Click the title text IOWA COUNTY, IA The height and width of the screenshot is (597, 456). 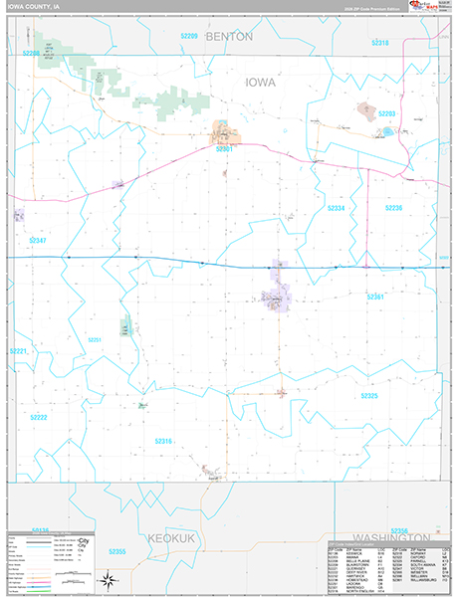pyautogui.click(x=34, y=6)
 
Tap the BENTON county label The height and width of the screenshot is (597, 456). pyautogui.click(x=229, y=36)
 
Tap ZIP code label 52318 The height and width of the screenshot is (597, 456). pyautogui.click(x=380, y=43)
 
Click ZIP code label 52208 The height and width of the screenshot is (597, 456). pyautogui.click(x=32, y=52)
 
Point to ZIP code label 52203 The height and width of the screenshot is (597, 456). pyautogui.click(x=387, y=114)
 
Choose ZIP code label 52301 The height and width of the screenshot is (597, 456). pyautogui.click(x=224, y=148)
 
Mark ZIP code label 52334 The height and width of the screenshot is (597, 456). pyautogui.click(x=337, y=208)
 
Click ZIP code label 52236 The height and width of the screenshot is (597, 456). pyautogui.click(x=393, y=208)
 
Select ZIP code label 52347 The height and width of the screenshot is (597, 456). pyautogui.click(x=38, y=241)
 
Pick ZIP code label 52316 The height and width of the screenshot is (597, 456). pyautogui.click(x=162, y=441)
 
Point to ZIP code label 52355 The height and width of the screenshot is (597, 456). pyautogui.click(x=117, y=579)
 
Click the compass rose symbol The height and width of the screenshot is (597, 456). pyautogui.click(x=113, y=580)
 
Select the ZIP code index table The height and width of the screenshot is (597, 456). pyautogui.click(x=388, y=566)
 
